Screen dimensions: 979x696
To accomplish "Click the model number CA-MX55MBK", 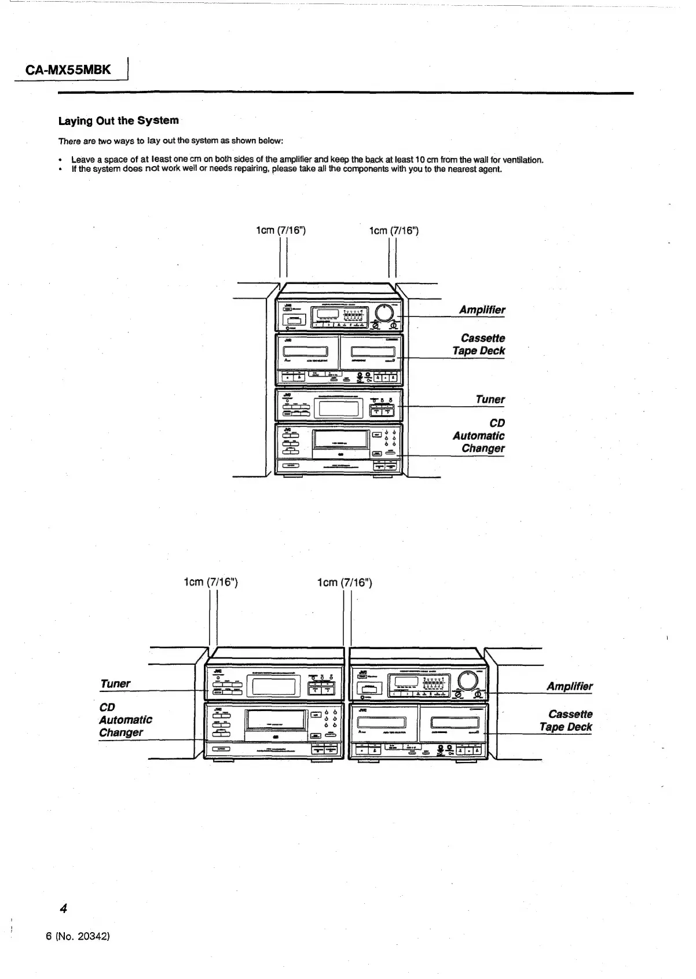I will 68,71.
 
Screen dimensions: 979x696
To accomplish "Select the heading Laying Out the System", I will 118,121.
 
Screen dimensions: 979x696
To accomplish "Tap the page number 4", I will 64,908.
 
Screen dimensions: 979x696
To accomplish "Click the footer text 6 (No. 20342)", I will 78,936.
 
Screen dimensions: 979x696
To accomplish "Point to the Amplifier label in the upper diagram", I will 482,310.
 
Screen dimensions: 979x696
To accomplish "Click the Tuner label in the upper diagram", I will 490,400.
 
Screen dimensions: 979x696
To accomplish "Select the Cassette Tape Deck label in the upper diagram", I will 479,345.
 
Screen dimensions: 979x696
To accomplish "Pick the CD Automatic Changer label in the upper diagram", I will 479,436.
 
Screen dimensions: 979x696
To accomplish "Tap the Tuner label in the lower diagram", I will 116,684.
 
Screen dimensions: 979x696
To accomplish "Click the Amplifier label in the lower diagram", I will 570,687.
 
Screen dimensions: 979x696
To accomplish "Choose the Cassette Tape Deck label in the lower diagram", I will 566,721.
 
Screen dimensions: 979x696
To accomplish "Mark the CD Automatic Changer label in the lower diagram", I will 125,720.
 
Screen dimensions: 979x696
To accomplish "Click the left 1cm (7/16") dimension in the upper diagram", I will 280,230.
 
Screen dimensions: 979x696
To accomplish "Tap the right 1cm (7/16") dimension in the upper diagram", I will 394,230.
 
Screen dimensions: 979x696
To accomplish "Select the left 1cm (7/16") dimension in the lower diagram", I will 211,582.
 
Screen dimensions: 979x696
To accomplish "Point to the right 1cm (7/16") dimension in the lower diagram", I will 345,582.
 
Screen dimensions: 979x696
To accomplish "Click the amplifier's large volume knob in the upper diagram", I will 385,312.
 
